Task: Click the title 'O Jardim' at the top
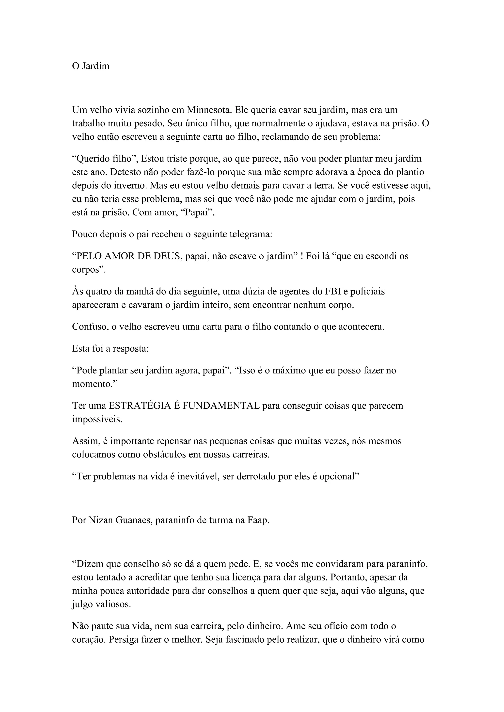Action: point(91,66)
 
